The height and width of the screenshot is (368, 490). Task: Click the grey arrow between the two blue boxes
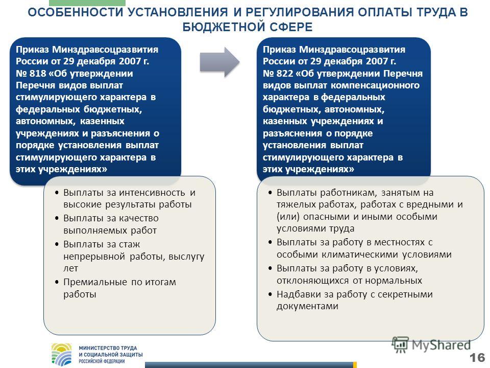(219, 62)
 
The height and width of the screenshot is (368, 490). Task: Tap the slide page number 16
(477, 357)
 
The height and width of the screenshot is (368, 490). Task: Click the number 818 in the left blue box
(38, 74)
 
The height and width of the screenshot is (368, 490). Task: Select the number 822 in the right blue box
(285, 74)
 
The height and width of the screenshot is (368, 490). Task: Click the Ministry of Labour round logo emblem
(62, 355)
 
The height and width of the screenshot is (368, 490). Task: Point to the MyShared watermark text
(441, 345)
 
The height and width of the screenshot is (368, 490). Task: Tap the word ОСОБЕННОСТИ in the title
(76, 12)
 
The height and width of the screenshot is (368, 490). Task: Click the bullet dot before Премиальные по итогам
(57, 282)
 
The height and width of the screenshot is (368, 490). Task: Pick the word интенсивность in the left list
(152, 193)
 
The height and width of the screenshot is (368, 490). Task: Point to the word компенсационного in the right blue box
(375, 85)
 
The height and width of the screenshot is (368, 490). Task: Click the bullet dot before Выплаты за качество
(57, 218)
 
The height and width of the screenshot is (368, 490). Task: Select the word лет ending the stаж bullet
(70, 268)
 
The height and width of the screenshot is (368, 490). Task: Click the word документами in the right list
(307, 306)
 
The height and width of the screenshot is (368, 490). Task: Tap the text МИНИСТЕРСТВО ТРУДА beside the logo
(108, 348)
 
